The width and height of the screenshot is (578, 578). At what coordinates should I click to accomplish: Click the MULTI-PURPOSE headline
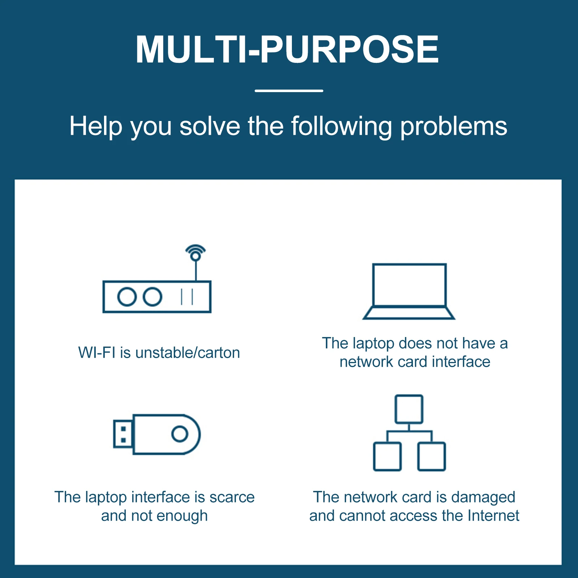click(287, 49)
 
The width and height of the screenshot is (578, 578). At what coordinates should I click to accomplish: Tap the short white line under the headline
click(289, 91)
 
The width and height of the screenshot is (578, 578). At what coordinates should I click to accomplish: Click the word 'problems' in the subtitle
click(453, 126)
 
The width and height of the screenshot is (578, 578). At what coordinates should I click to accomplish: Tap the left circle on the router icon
click(127, 297)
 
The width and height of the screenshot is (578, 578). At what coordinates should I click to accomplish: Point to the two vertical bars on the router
click(187, 297)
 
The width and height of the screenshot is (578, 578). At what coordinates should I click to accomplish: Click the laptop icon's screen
click(409, 285)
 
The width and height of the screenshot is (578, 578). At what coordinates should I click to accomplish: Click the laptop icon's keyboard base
click(409, 313)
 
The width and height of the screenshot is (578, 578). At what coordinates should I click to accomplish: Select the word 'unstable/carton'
click(187, 353)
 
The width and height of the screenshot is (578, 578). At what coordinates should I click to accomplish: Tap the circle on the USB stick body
click(180, 434)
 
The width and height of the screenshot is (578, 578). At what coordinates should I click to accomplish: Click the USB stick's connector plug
click(123, 434)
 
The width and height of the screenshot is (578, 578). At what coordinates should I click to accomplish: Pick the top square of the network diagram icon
click(409, 409)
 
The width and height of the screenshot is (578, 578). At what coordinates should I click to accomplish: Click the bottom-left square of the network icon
click(387, 456)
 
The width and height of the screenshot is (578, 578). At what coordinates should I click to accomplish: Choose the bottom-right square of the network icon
click(431, 456)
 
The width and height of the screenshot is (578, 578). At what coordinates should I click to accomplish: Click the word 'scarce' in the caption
click(232, 497)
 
